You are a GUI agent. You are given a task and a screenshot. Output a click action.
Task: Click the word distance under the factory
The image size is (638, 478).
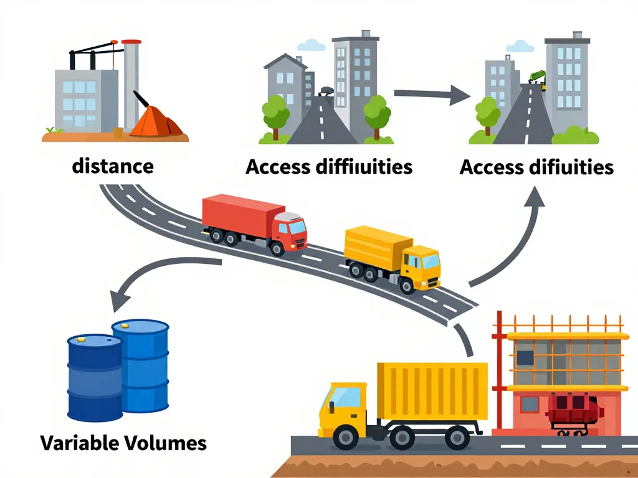[x=113, y=166]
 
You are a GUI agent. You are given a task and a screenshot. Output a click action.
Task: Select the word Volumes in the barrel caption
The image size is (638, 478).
[x=166, y=443]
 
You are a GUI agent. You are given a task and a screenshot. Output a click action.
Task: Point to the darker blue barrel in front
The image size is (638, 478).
[x=95, y=378]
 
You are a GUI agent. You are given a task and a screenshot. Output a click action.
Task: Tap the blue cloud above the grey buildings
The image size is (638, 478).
[x=312, y=45]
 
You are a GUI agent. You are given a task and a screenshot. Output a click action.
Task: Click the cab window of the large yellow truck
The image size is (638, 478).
[x=347, y=397]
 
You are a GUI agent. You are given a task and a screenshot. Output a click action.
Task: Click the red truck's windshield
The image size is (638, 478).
[x=298, y=227]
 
